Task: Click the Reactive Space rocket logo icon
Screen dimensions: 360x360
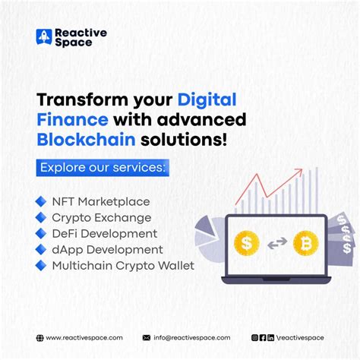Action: coord(44,38)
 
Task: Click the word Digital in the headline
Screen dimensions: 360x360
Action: coord(207,99)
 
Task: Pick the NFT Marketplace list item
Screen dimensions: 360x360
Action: coord(101,201)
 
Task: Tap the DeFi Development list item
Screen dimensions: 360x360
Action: coord(105,233)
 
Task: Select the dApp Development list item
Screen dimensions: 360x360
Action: coord(107,249)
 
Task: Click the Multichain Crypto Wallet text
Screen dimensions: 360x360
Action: coord(123,265)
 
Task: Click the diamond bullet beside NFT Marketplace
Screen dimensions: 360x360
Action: coord(41,201)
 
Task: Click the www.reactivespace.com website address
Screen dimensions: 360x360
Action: coord(84,337)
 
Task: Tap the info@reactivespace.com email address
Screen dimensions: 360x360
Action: coord(191,337)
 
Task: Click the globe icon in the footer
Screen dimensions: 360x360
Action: coord(39,337)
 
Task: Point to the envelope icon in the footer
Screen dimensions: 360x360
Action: coord(146,337)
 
